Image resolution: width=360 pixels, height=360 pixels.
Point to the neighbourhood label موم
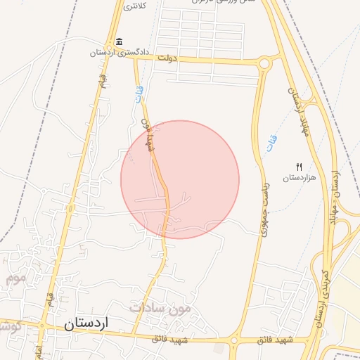click(x=17, y=278)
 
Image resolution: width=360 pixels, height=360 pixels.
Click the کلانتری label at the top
click(x=134, y=6)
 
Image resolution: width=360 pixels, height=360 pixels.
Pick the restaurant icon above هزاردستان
click(x=300, y=167)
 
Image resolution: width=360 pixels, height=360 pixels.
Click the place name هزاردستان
click(x=300, y=178)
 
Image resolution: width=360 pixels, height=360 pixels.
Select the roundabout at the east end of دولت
click(x=264, y=64)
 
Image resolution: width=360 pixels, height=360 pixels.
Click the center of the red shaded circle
click(x=180, y=179)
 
